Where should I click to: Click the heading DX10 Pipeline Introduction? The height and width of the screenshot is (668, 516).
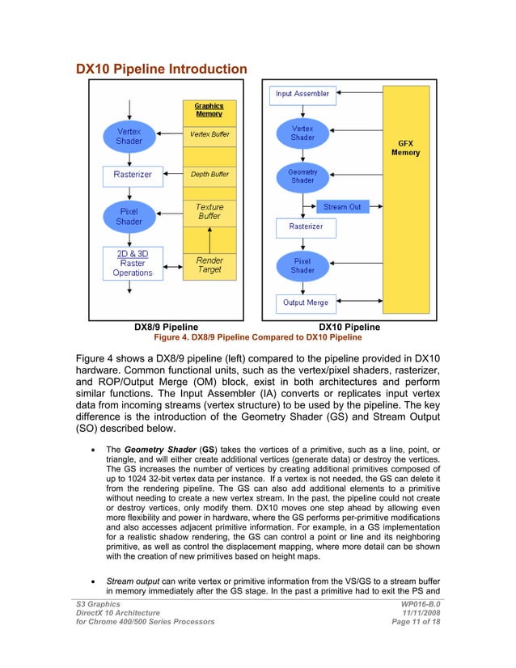click(162, 69)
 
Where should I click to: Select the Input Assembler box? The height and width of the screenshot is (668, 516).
click(302, 94)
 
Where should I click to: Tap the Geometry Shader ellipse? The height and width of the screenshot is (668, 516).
click(302, 176)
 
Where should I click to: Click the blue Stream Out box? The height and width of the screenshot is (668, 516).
click(342, 207)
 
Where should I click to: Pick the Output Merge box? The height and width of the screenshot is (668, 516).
click(305, 302)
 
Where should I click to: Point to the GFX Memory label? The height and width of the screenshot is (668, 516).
click(405, 147)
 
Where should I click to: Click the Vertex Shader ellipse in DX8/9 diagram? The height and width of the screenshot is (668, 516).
click(129, 135)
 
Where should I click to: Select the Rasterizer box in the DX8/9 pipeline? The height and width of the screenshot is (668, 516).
click(132, 174)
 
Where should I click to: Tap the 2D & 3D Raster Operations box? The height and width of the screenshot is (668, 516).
click(133, 263)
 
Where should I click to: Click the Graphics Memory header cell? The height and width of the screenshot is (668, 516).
click(209, 110)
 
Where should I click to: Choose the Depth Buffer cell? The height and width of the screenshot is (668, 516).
click(209, 174)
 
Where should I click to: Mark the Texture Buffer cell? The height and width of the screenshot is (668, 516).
click(209, 212)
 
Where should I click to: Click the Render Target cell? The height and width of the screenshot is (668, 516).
click(209, 264)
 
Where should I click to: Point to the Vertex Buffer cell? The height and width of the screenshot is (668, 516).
click(209, 134)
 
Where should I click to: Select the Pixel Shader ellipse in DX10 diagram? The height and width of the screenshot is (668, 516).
click(302, 265)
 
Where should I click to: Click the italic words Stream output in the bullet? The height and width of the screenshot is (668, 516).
click(134, 581)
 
